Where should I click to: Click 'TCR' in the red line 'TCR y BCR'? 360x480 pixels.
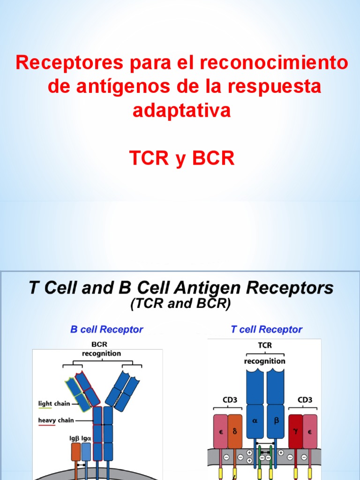click(149, 159)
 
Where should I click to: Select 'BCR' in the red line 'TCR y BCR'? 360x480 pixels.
click(211, 159)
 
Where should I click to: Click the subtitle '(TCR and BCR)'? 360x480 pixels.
click(180, 305)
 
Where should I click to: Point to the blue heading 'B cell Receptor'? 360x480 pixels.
click(106, 330)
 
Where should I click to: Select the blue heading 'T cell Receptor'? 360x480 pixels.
click(266, 330)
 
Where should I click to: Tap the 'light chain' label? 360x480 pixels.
click(54, 403)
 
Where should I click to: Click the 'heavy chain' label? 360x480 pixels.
click(56, 420)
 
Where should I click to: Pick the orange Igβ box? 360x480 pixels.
click(76, 451)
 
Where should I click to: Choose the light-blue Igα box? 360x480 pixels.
click(86, 451)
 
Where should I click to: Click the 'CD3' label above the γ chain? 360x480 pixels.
click(305, 400)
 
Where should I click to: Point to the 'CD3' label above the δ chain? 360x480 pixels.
click(227, 400)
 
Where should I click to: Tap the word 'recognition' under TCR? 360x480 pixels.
click(265, 361)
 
